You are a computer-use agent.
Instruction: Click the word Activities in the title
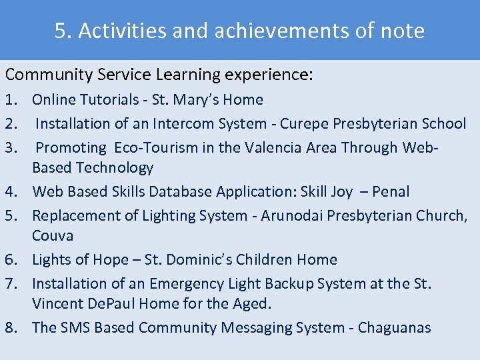pos(119,31)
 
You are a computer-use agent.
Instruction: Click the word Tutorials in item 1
pos(106,100)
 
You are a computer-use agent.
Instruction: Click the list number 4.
pos(10,192)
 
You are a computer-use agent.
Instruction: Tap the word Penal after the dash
pos(390,192)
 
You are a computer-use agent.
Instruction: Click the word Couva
pos(53,236)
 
